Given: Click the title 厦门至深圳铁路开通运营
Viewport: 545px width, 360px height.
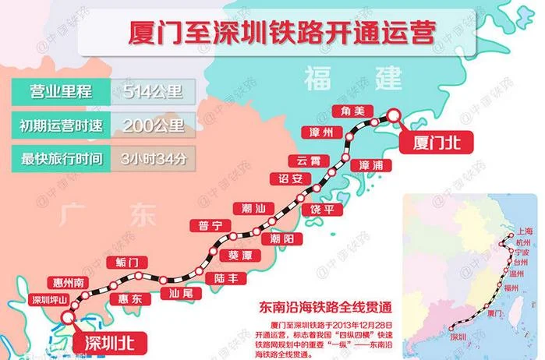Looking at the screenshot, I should coord(281,35).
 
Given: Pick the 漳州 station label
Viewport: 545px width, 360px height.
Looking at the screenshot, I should coord(321,132).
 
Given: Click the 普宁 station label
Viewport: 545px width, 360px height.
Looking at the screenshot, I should coord(211,226).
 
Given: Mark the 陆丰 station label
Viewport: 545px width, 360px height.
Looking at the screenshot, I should coord(226,277).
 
